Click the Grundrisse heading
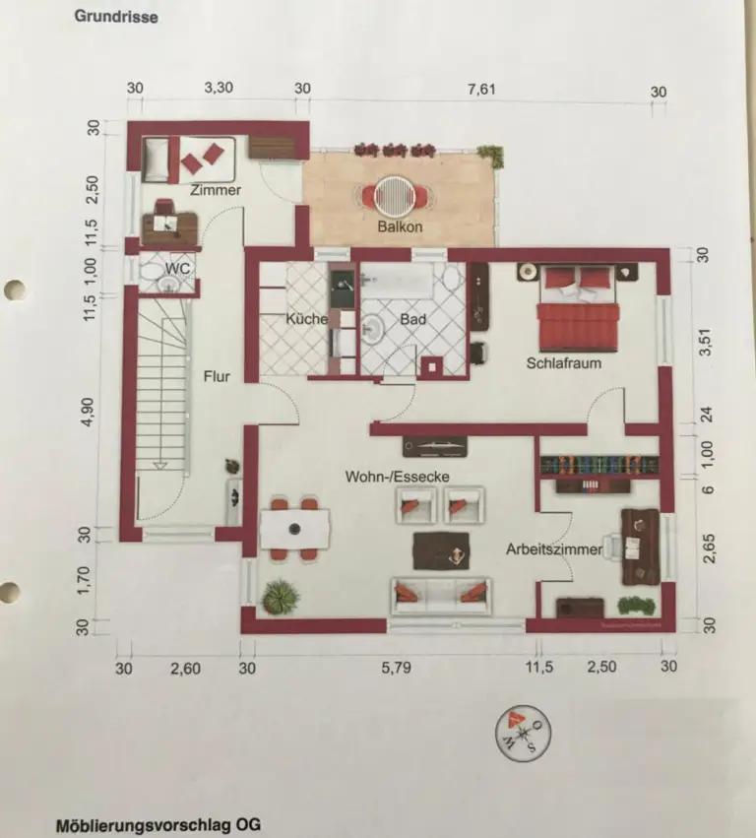click(x=116, y=17)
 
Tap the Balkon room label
click(x=400, y=227)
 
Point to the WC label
click(x=178, y=268)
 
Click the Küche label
click(x=306, y=319)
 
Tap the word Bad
click(x=411, y=319)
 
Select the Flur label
click(x=217, y=375)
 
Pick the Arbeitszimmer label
click(x=553, y=549)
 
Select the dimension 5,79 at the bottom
click(x=393, y=668)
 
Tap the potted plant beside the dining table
click(x=280, y=595)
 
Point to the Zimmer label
click(x=216, y=190)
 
